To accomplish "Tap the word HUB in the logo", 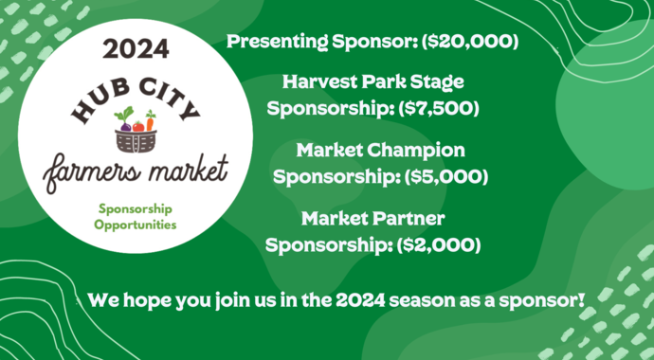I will (95, 105).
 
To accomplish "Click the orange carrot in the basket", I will (138, 121).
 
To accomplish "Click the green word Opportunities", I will (136, 225).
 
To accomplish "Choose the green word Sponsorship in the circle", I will (136, 207).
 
